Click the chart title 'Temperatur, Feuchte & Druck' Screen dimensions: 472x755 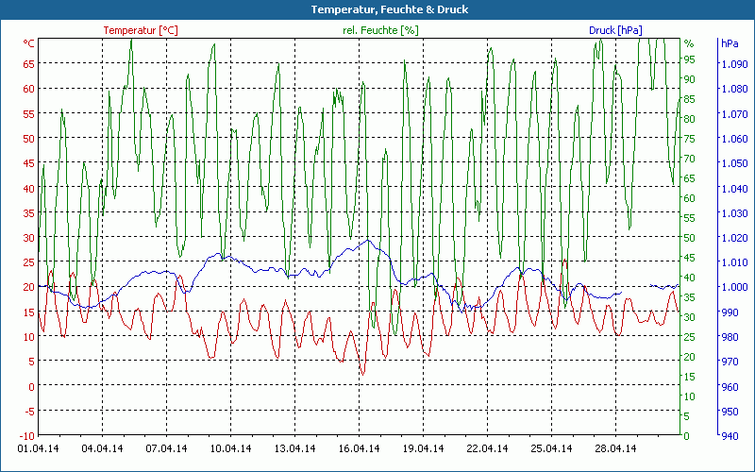(x=377, y=9)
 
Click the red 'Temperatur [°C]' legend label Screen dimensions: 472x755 (x=141, y=30)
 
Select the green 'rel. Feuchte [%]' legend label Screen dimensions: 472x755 (x=380, y=30)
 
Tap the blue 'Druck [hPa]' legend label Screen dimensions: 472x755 (x=615, y=30)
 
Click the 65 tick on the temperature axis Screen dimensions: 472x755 (x=29, y=63)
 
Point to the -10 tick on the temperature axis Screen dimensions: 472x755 (x=27, y=435)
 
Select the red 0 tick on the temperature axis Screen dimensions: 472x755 (x=32, y=386)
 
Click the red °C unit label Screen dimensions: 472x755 (x=29, y=43)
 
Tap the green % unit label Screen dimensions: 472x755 (x=689, y=43)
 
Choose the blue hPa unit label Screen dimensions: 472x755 (x=730, y=43)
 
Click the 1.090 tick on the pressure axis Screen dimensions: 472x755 (x=732, y=63)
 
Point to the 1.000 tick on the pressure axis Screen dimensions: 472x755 (x=732, y=287)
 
